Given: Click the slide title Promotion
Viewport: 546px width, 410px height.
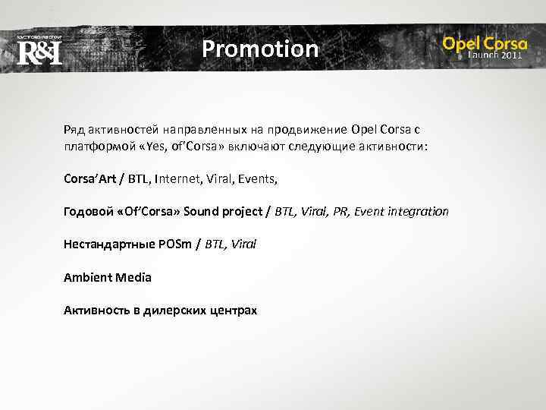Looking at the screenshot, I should click(260, 49).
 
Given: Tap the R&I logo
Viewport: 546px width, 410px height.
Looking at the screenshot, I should click(39, 53).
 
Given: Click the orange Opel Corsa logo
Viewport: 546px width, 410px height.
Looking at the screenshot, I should click(485, 43).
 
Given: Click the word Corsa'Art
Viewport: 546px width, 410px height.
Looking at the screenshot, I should click(89, 179).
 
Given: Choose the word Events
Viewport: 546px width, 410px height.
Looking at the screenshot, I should click(258, 179).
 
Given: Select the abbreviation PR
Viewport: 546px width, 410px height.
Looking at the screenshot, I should click(337, 211).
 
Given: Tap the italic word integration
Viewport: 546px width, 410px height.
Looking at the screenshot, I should click(416, 211).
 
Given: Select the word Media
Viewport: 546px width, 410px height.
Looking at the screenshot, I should click(134, 277).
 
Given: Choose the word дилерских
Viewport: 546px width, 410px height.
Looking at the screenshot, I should click(174, 311).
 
